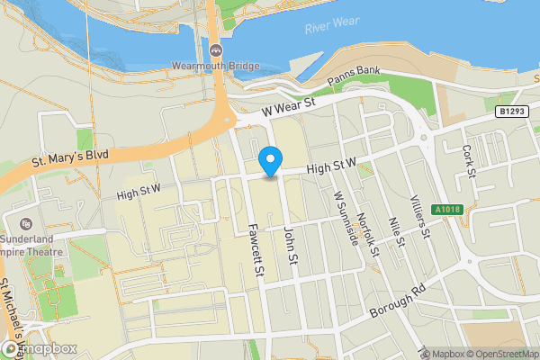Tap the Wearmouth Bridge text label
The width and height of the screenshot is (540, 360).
216,66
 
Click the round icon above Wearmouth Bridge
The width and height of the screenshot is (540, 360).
216,49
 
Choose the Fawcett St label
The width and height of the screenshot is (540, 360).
256,249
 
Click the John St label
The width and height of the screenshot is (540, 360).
290,244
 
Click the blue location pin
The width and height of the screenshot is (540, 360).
270,161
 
